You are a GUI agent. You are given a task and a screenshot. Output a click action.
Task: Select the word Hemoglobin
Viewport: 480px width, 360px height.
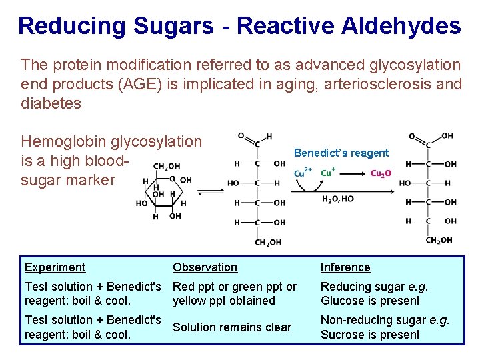point(63,141)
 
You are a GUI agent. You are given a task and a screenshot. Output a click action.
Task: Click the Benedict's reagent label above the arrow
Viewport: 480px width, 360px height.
point(341,153)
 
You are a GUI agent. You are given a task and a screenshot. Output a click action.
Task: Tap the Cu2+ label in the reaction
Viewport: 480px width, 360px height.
point(303,173)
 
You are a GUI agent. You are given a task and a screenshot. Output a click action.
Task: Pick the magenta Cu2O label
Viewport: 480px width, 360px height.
point(381,173)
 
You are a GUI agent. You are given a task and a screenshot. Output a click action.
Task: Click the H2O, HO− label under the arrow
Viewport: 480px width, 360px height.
point(339,199)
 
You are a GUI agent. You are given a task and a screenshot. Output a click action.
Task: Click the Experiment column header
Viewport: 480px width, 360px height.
point(55,267)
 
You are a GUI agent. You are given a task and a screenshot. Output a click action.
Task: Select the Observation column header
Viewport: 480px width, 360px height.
point(205,267)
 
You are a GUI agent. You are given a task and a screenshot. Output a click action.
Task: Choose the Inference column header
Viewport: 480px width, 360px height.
point(345,267)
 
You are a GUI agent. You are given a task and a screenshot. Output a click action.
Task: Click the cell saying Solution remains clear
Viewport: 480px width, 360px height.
point(232,327)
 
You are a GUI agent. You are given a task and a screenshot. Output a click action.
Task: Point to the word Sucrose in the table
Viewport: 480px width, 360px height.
point(344,335)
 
